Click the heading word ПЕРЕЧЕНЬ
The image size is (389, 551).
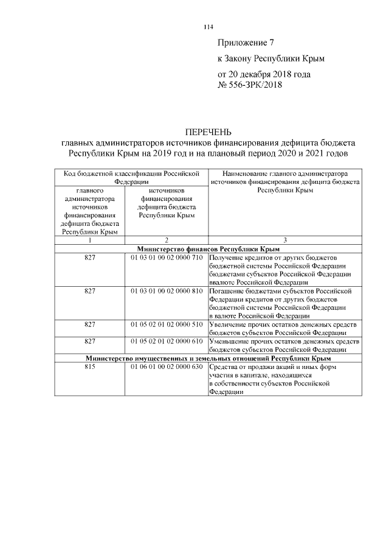tap(208, 132)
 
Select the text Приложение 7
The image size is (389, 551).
tap(246, 43)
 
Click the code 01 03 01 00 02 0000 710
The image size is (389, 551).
tap(166, 258)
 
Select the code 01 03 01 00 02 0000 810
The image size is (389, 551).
tap(166, 291)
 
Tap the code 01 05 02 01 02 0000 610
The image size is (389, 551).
tap(166, 341)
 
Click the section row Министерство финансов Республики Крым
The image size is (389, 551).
tap(208, 250)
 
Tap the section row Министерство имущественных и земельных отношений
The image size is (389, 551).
tap(208, 359)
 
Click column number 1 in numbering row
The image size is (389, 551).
tap(90, 241)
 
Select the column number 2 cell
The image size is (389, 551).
tap(166, 241)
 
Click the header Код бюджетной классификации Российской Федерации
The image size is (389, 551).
tap(131, 177)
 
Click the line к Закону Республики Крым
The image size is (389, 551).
tap(271, 58)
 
